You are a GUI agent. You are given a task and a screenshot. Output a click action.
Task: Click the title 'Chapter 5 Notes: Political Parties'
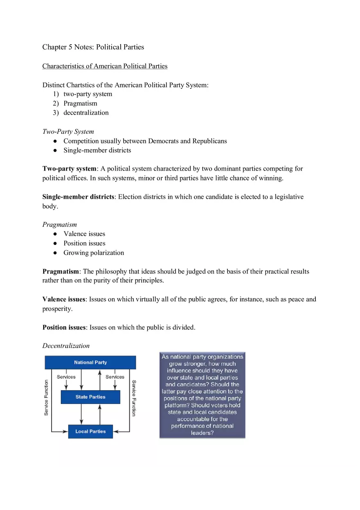coord(93,47)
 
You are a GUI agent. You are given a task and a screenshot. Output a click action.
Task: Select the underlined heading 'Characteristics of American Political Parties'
coord(105,66)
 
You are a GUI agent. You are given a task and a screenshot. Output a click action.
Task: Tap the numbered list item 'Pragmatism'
coord(80,103)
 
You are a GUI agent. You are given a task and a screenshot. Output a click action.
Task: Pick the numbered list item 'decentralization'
coord(86,113)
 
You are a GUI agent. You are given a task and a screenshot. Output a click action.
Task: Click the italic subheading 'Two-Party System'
coord(68,132)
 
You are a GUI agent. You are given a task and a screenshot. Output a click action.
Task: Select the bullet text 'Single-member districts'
coord(97,151)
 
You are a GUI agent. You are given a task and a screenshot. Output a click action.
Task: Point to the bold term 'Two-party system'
coord(69,169)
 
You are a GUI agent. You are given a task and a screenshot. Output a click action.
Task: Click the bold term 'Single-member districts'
coord(78,197)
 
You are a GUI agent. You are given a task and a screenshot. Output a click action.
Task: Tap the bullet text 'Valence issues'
coord(84,234)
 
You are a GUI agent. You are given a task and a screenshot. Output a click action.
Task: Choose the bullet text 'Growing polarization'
coord(94,253)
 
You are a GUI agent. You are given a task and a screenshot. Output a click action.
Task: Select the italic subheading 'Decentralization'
coord(66,346)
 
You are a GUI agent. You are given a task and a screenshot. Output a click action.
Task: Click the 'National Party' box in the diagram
coord(90,362)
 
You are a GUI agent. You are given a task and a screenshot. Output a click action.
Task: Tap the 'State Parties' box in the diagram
coord(90,397)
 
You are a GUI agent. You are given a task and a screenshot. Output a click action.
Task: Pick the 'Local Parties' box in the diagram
coord(90,431)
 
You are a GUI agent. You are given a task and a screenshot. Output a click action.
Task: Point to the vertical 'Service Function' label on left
coord(46,398)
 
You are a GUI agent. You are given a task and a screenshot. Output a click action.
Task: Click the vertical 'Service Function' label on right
coord(134,398)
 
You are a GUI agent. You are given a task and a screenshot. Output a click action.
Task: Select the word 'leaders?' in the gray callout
coord(202,433)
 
